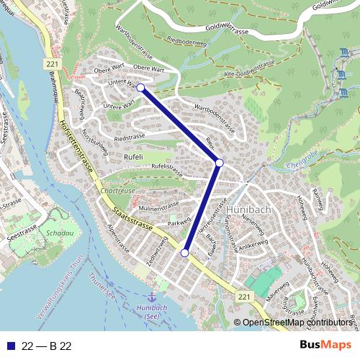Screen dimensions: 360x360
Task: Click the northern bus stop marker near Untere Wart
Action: tap(140, 88)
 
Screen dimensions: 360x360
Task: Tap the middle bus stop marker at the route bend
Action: tap(220, 163)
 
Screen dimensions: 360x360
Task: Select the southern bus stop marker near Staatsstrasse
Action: tap(185, 253)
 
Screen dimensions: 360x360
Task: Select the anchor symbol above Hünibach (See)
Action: tap(152, 296)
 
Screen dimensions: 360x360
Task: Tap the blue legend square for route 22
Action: tap(12, 345)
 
